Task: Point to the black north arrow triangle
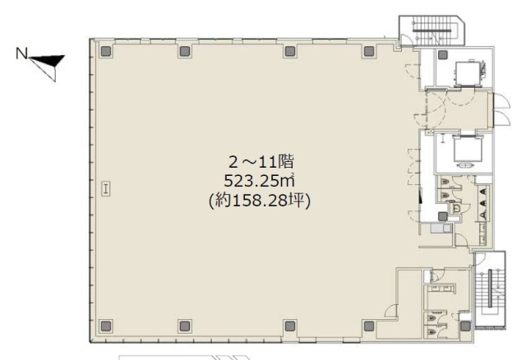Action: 48,61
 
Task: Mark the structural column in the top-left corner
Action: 105,51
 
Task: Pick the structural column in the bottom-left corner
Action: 105,325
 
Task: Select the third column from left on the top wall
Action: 288,51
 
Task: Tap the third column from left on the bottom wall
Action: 288,325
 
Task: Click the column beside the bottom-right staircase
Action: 465,325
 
